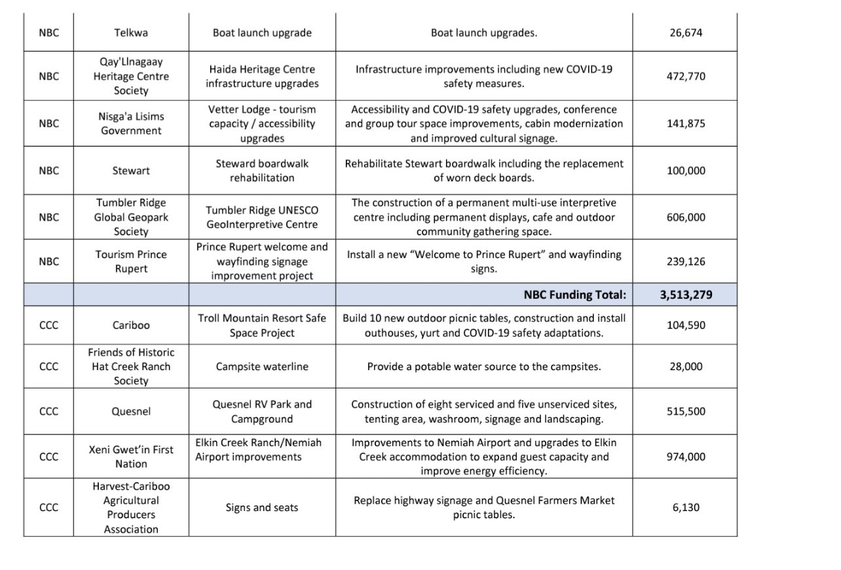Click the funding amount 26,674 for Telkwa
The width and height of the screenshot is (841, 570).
pyautogui.click(x=686, y=32)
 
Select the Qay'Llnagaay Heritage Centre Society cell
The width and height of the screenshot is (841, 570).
pyautogui.click(x=131, y=76)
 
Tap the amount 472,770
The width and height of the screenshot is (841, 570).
pyautogui.click(x=686, y=76)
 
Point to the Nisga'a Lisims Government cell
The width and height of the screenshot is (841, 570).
pyautogui.click(x=131, y=123)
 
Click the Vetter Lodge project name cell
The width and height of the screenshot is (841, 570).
pyautogui.click(x=262, y=123)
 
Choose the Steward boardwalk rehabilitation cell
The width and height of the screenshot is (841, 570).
pyautogui.click(x=262, y=170)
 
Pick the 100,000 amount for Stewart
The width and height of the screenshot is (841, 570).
pyautogui.click(x=686, y=170)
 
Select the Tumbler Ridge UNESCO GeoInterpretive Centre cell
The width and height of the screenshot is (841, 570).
pyautogui.click(x=262, y=217)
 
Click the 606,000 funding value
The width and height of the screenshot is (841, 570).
pyautogui.click(x=686, y=217)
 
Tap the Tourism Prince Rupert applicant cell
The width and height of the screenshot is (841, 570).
pyautogui.click(x=131, y=261)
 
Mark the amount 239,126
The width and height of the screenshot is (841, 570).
pyautogui.click(x=686, y=261)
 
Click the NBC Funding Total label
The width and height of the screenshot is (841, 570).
pyautogui.click(x=574, y=295)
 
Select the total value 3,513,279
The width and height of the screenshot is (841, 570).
pyautogui.click(x=686, y=295)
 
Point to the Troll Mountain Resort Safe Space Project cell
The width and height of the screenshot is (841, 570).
pyautogui.click(x=262, y=325)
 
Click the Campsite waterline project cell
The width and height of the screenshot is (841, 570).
pyautogui.click(x=262, y=366)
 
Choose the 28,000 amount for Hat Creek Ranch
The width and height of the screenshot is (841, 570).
pyautogui.click(x=686, y=366)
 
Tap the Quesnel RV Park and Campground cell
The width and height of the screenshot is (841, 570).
pyautogui.click(x=262, y=411)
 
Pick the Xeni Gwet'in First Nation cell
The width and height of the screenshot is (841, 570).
pyautogui.click(x=131, y=457)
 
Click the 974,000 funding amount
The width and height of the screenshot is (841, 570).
pyautogui.click(x=686, y=457)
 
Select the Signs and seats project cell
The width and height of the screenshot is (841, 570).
pyautogui.click(x=262, y=507)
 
